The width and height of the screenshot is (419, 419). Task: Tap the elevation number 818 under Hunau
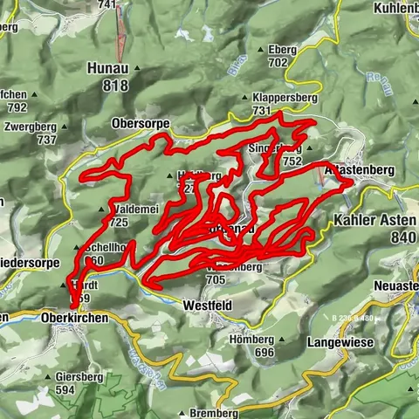115,85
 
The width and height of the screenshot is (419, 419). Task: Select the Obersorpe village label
140,124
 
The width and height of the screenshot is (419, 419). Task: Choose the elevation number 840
404,237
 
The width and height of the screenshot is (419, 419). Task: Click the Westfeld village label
207,306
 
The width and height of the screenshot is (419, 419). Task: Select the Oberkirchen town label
74,319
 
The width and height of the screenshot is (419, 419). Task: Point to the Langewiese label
340,343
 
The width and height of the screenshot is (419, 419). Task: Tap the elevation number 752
292,161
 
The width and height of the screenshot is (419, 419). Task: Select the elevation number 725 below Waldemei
120,223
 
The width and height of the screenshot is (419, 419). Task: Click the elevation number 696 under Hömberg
264,353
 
